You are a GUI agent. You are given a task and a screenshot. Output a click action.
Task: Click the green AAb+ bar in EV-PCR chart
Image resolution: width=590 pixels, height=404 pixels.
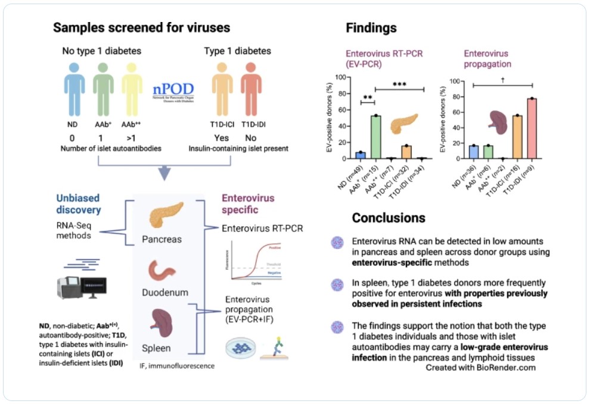coord(376,137)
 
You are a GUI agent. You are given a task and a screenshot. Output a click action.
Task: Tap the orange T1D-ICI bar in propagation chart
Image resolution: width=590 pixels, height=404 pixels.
coord(517,137)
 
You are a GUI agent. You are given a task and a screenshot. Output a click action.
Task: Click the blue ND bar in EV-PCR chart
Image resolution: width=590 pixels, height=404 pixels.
coord(360,156)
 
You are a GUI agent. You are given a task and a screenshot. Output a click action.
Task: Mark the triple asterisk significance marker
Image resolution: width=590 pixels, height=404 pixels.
coord(399,84)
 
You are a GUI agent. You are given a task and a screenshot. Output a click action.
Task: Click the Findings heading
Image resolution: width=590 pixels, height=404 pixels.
coord(371,28)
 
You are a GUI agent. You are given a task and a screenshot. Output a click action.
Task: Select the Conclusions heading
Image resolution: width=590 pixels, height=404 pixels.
coord(389,218)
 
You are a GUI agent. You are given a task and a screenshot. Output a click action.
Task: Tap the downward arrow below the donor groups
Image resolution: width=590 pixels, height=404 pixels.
coord(164,173)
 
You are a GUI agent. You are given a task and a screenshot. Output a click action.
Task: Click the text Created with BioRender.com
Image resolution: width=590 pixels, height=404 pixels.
coord(480,368)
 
